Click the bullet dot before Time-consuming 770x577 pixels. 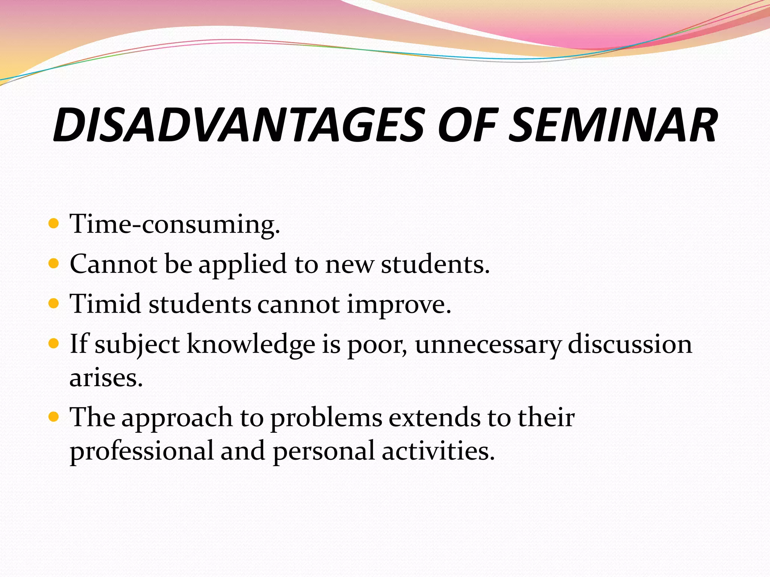point(54,224)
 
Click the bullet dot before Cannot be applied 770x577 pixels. point(54,264)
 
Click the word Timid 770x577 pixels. point(106,304)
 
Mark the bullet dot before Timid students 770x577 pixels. point(54,304)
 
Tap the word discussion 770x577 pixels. point(630,344)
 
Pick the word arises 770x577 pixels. point(106,378)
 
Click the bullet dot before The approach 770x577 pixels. point(54,417)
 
